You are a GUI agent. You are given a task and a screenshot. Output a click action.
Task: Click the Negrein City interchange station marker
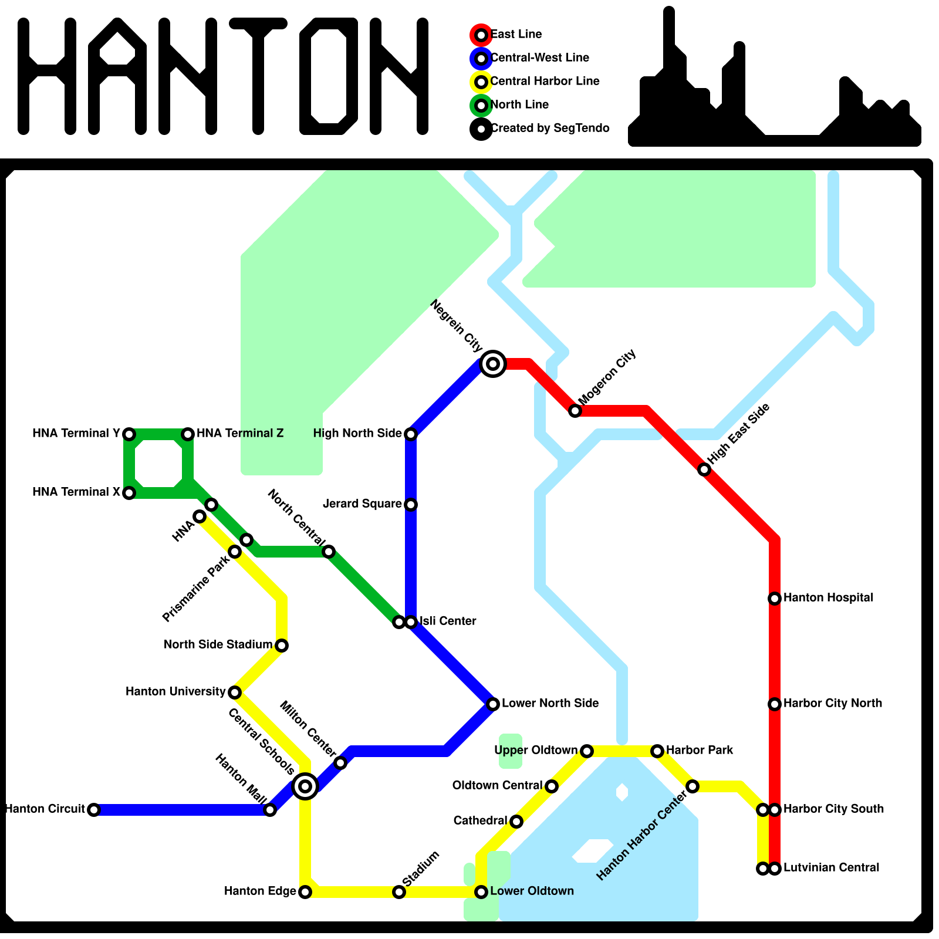click(x=493, y=364)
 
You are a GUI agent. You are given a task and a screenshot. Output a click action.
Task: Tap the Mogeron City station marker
click(x=575, y=411)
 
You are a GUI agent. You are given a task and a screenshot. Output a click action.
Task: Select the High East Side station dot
click(x=704, y=469)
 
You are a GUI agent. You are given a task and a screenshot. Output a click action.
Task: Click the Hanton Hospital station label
click(x=828, y=597)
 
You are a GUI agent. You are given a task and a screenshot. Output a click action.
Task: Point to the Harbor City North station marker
click(x=775, y=704)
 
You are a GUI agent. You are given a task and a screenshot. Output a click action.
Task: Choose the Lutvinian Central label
click(x=831, y=867)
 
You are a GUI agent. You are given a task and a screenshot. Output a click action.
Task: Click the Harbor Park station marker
click(x=657, y=751)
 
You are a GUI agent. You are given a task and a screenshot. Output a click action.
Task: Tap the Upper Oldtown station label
click(x=536, y=750)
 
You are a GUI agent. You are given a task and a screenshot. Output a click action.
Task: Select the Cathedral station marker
click(x=516, y=822)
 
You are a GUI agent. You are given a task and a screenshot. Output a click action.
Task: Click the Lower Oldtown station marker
click(x=481, y=892)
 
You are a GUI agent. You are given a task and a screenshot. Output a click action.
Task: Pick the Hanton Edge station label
click(x=260, y=891)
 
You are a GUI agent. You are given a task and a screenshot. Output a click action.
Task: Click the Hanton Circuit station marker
click(x=94, y=810)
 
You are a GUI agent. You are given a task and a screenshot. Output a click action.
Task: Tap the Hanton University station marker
click(x=235, y=693)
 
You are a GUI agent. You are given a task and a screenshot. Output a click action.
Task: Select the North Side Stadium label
click(x=218, y=644)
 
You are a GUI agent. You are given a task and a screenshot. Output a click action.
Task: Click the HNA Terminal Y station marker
click(x=129, y=434)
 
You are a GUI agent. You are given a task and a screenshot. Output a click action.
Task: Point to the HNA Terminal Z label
click(x=240, y=433)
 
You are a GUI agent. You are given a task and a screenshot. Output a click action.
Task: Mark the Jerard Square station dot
click(x=411, y=505)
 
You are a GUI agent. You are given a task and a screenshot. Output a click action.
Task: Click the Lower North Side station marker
click(x=493, y=704)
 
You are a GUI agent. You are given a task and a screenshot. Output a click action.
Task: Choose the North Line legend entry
click(x=519, y=104)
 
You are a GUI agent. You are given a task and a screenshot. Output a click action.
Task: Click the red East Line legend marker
click(x=481, y=35)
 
